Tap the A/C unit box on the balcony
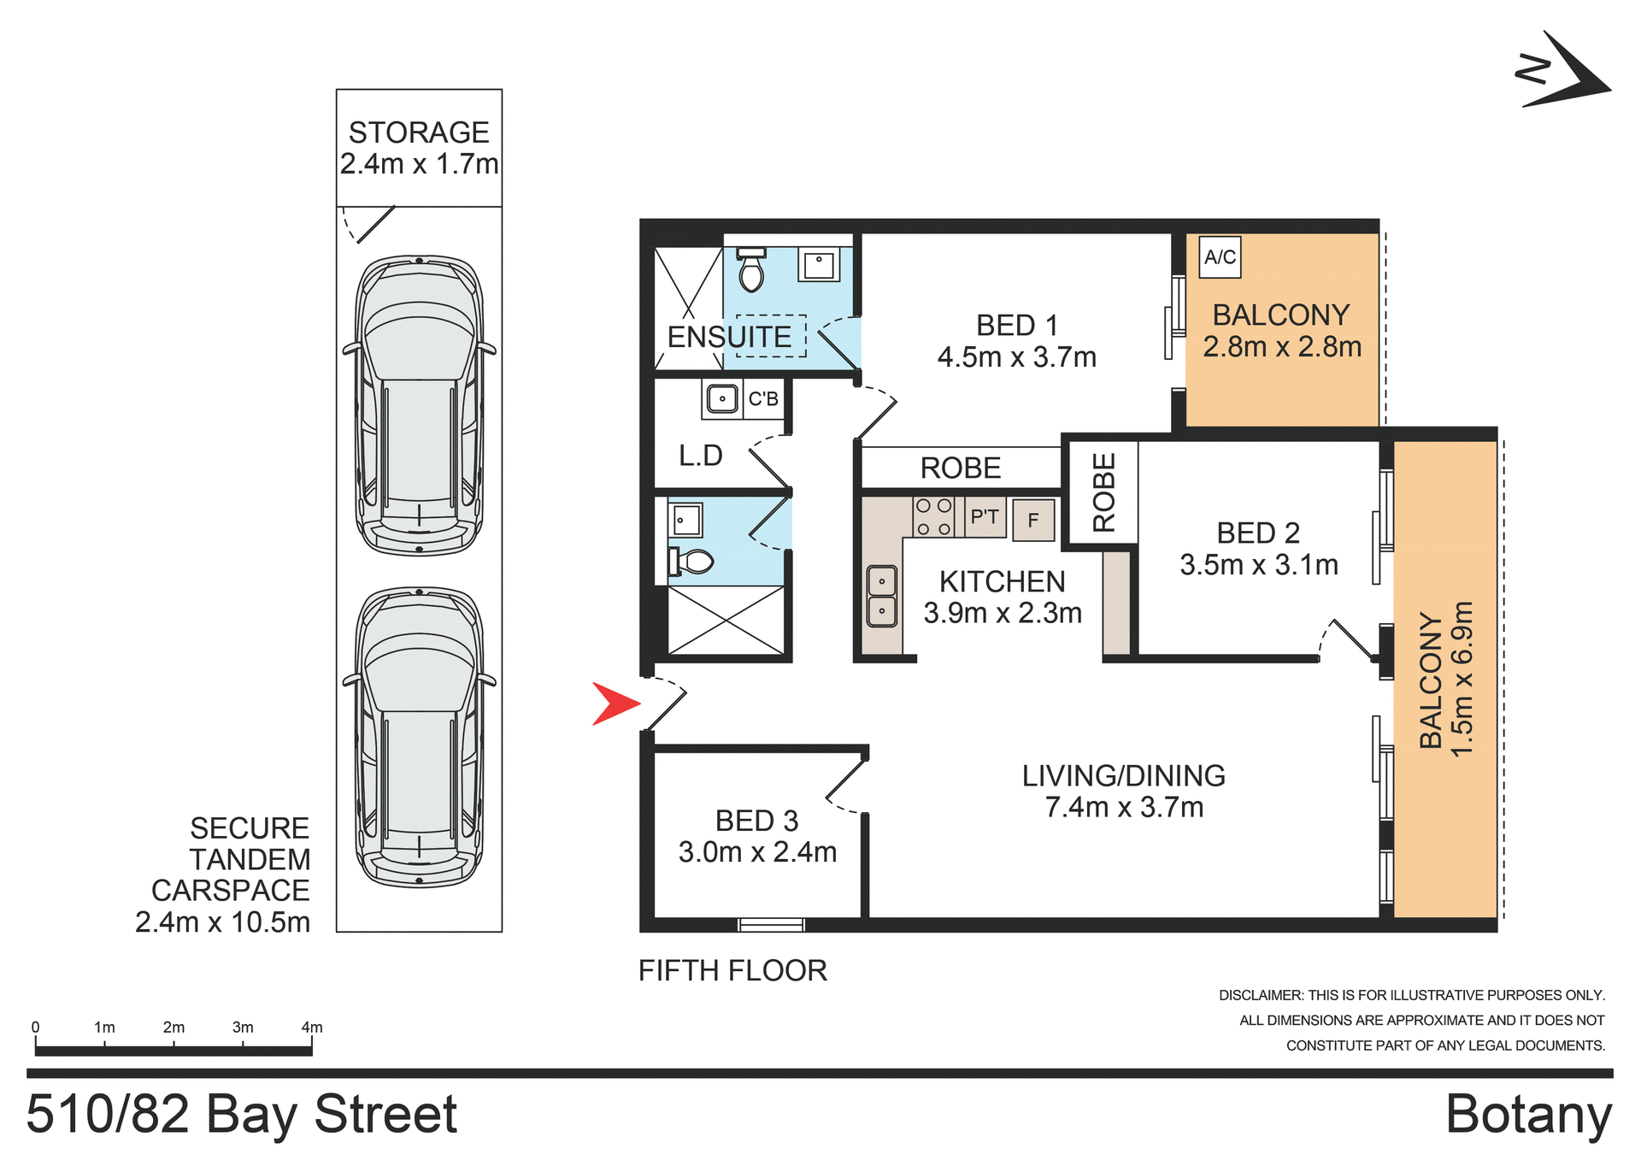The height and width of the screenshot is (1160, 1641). (x=1220, y=256)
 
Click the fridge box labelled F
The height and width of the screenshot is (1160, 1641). (x=1033, y=520)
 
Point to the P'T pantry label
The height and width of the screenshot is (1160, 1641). (x=985, y=516)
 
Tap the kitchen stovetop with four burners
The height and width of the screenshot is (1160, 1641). (x=932, y=517)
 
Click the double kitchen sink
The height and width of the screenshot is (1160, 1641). (x=882, y=596)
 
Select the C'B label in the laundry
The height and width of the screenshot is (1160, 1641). (x=763, y=398)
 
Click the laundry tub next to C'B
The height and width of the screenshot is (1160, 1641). (x=722, y=398)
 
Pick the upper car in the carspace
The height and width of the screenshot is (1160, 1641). (x=419, y=405)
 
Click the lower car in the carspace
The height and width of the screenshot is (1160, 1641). (x=419, y=737)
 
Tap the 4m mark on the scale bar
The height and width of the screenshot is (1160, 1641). (x=312, y=1028)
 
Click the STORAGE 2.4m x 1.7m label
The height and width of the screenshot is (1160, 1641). (x=419, y=148)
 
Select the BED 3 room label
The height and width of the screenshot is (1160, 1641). (x=757, y=836)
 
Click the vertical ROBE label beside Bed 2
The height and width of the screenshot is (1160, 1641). (x=1103, y=492)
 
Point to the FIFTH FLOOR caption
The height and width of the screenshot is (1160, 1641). (x=732, y=970)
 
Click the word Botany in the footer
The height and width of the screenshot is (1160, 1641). (x=1528, y=1114)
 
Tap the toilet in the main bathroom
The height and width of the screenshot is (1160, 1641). (x=692, y=562)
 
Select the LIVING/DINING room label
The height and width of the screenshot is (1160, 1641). (x=1124, y=791)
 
